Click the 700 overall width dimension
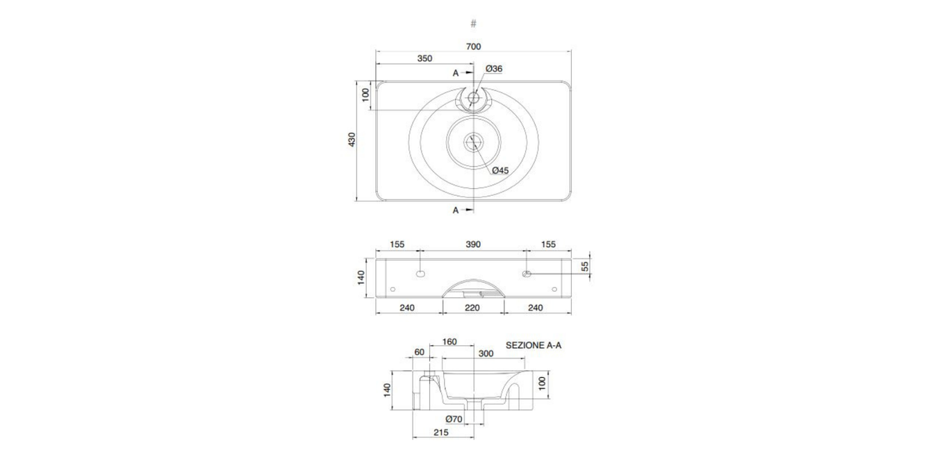[x=473, y=47]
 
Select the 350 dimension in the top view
[x=424, y=58]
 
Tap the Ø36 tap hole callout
[x=494, y=69]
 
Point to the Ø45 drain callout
[x=500, y=170]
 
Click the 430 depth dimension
[x=352, y=140]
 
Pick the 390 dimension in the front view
[x=473, y=245]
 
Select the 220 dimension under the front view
[x=472, y=308]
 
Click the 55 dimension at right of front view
[x=585, y=267]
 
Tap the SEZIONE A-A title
[x=534, y=345]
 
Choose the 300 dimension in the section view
[x=486, y=353]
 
